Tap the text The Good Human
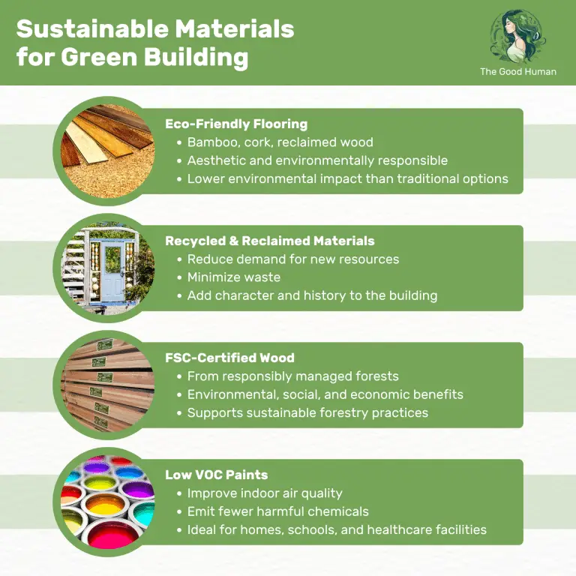(518, 72)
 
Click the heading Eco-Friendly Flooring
(236, 124)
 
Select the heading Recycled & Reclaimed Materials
(269, 241)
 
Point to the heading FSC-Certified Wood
(229, 358)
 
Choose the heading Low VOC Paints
(216, 475)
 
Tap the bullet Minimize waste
(233, 277)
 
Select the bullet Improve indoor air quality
(264, 493)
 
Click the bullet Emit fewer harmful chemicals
(277, 511)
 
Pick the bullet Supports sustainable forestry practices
(307, 412)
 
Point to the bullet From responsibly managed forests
(292, 376)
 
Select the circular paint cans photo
(107, 500)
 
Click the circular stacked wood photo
(107, 384)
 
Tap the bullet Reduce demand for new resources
(292, 259)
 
